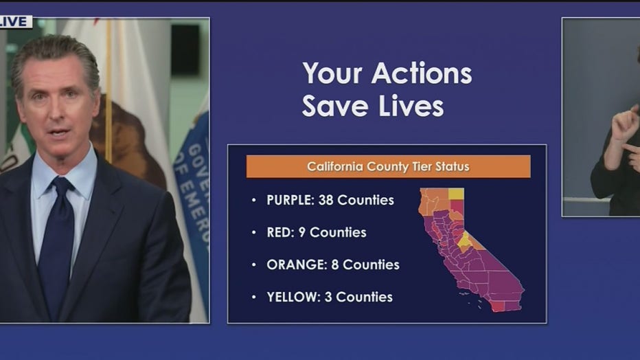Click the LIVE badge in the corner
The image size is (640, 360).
pyautogui.click(x=16, y=21)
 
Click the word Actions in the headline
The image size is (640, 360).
pyautogui.click(x=421, y=74)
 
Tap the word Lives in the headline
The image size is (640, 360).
pyautogui.click(x=411, y=106)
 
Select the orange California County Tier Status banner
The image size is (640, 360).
pyautogui.click(x=388, y=166)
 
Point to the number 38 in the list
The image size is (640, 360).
pyautogui.click(x=325, y=200)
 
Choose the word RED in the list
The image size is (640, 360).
pyautogui.click(x=280, y=232)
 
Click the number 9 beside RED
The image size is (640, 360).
pyautogui.click(x=302, y=232)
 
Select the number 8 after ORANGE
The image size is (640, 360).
pyautogui.click(x=334, y=265)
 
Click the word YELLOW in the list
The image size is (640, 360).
pyautogui.click(x=293, y=297)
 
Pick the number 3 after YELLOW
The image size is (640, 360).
pyautogui.click(x=328, y=297)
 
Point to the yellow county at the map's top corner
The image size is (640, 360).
pyautogui.click(x=456, y=194)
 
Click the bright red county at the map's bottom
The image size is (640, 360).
pyautogui.click(x=498, y=306)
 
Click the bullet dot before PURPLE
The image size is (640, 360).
pyautogui.click(x=254, y=200)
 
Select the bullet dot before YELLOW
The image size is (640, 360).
pyautogui.click(x=254, y=297)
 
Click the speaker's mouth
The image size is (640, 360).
pyautogui.click(x=59, y=133)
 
